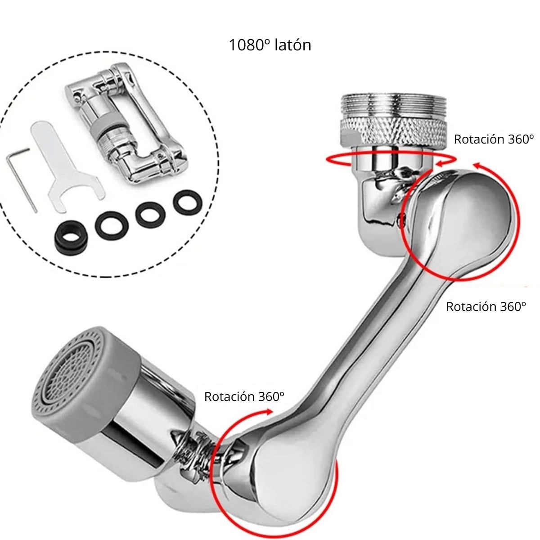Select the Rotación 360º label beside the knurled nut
point(494,139)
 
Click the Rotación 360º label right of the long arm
point(486,306)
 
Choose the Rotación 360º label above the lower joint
point(244,396)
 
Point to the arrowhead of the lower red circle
point(268,412)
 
